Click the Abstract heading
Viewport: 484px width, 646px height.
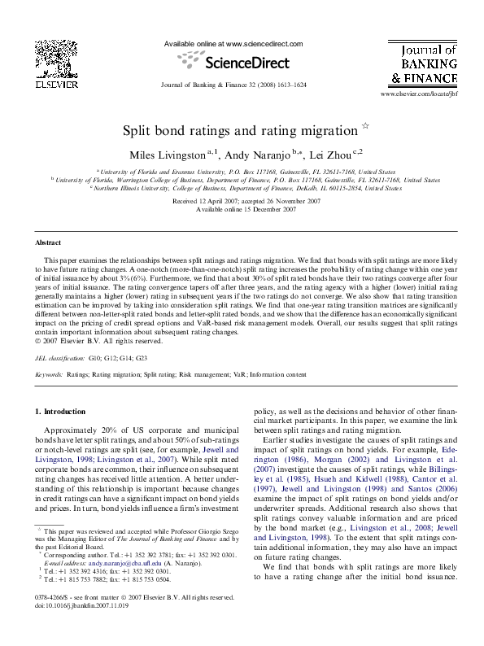(48, 243)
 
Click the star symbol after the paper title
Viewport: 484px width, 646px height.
(364, 127)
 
